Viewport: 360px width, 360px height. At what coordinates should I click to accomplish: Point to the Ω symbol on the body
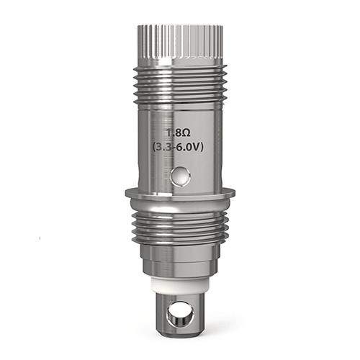190,134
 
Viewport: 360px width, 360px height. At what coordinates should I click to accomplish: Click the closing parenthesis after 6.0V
207,148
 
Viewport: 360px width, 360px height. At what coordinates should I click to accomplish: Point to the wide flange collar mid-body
180,192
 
